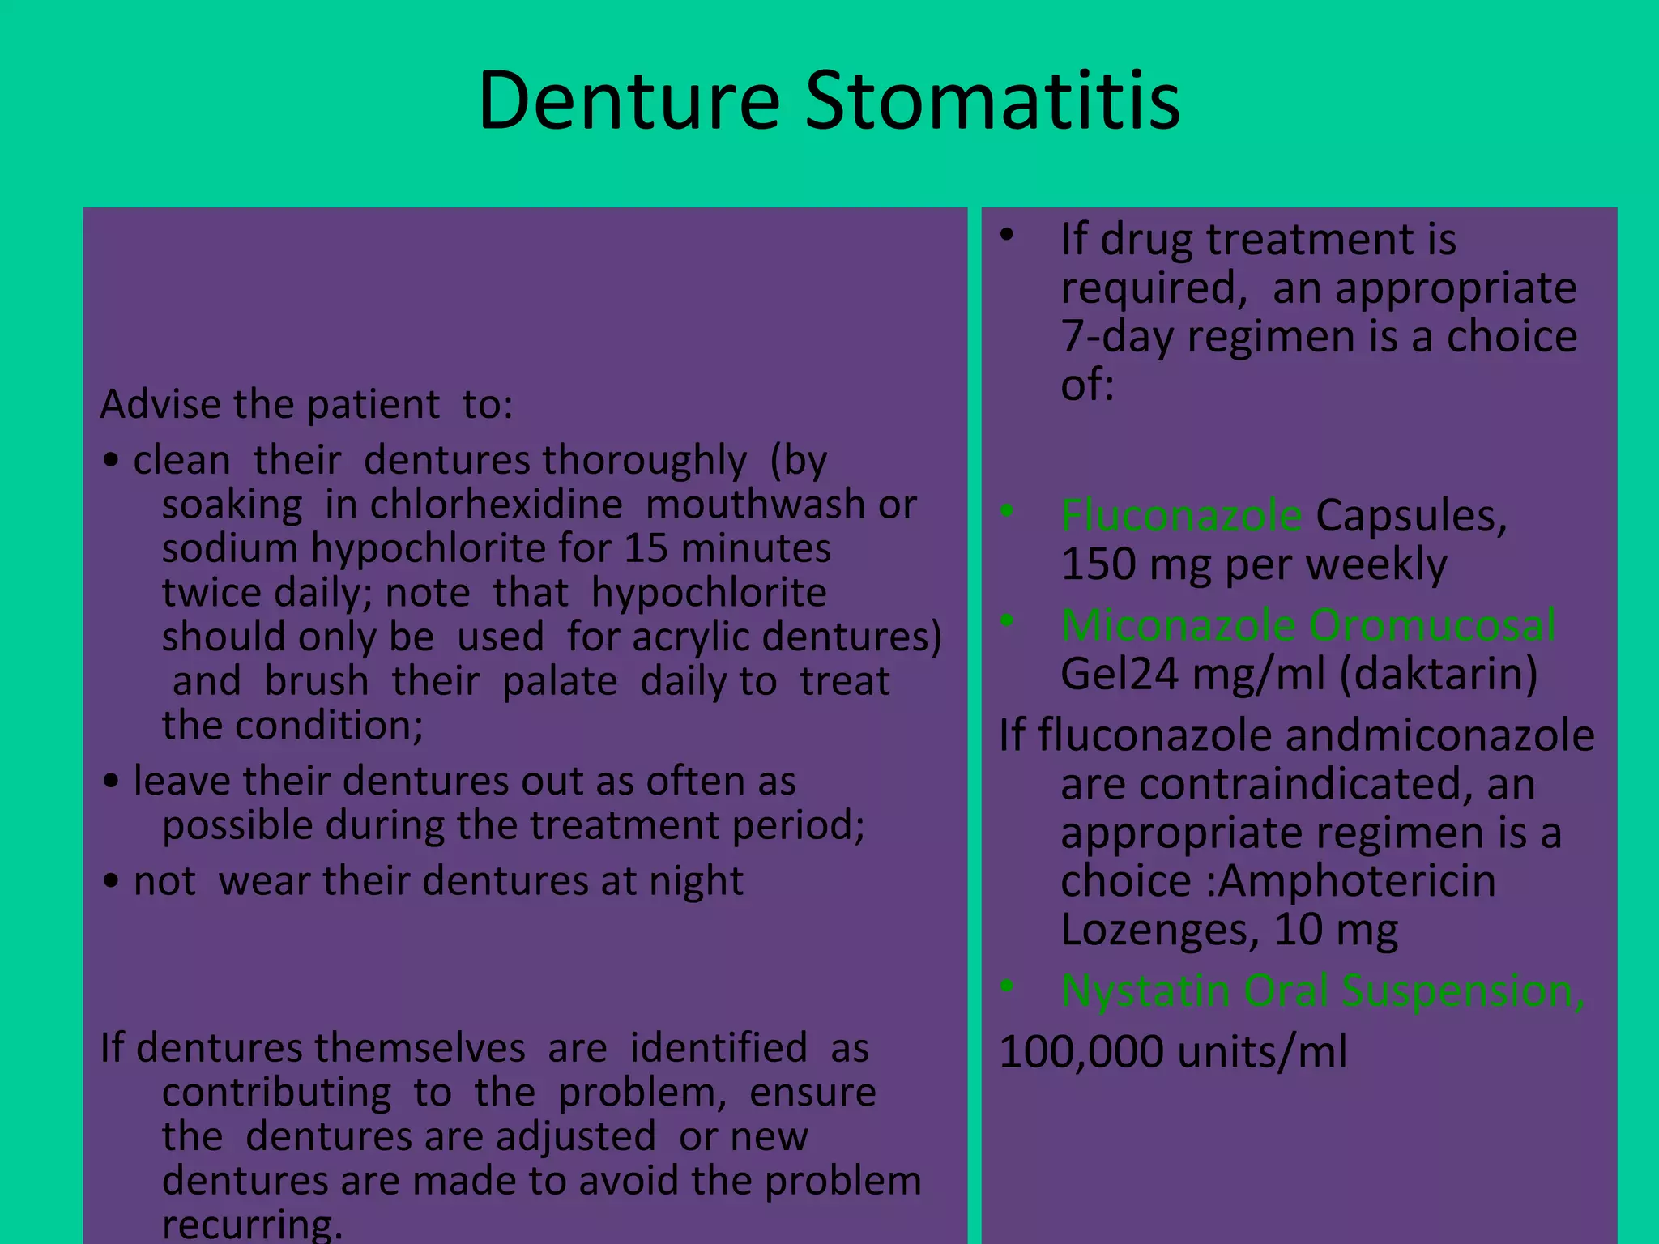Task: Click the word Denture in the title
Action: [629, 101]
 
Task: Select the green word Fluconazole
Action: [1181, 516]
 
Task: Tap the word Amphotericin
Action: [1357, 881]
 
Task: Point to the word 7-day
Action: [1117, 337]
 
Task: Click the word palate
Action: [560, 681]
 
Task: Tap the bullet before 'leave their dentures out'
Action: [112, 782]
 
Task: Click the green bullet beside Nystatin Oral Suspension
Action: [1007, 986]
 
